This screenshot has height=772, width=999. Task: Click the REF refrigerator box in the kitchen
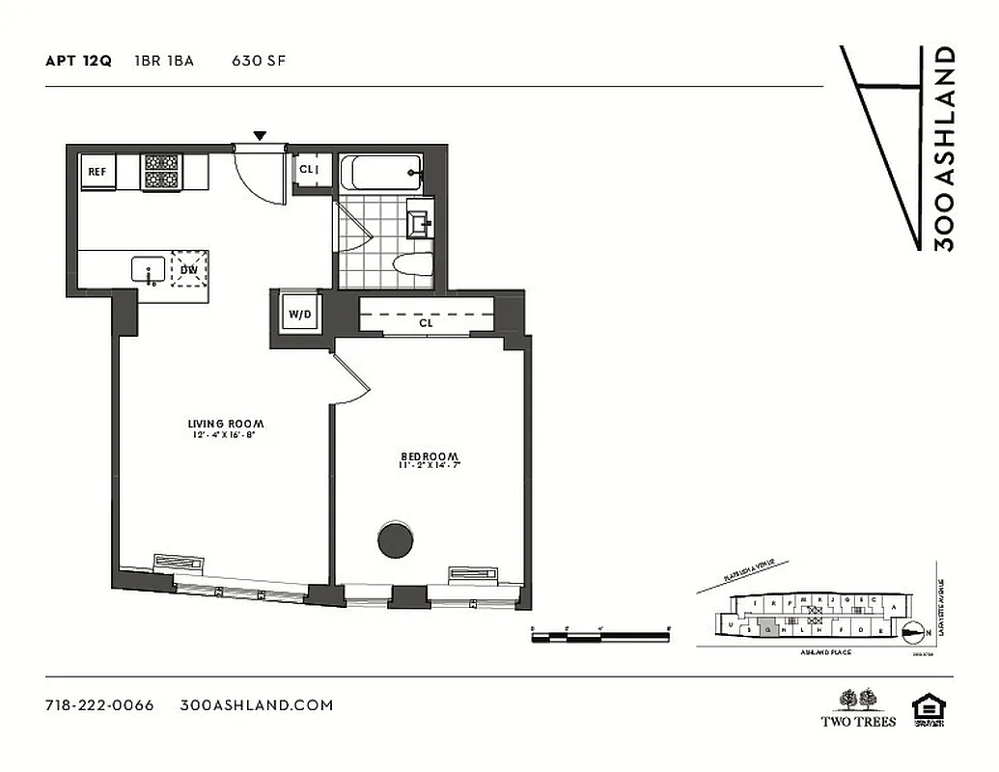coord(97,172)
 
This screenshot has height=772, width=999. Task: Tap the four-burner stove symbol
coord(161,171)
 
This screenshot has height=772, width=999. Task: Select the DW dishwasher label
coord(188,269)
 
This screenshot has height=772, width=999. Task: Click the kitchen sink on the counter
coord(149,268)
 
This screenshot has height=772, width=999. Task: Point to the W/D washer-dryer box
coord(297,314)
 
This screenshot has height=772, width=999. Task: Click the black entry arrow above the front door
coord(260,136)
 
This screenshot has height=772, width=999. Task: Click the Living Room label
coord(226,424)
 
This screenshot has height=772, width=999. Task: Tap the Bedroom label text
coord(430,456)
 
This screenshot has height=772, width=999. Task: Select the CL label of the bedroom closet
coord(426,324)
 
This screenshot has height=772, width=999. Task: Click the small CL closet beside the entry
coord(310,170)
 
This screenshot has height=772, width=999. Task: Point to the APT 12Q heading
coord(78,61)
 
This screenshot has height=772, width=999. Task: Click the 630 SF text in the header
coord(258,61)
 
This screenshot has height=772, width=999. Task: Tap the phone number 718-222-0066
coord(99,704)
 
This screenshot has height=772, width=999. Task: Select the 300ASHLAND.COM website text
coord(257,704)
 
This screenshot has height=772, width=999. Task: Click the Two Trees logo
coord(858,707)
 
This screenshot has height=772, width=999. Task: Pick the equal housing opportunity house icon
coord(930,707)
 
